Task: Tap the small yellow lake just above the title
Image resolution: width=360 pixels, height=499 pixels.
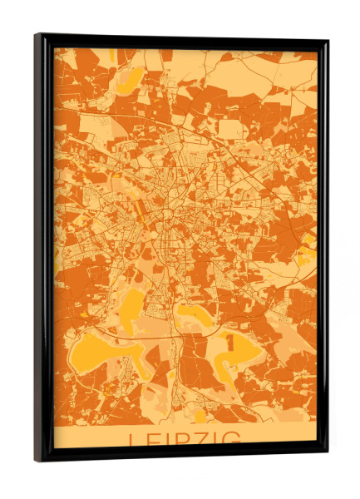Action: pyautogui.click(x=200, y=413)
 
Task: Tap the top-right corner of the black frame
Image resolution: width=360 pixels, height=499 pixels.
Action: pyautogui.click(x=327, y=41)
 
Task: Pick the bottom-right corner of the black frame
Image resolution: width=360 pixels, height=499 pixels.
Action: pyautogui.click(x=327, y=455)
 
